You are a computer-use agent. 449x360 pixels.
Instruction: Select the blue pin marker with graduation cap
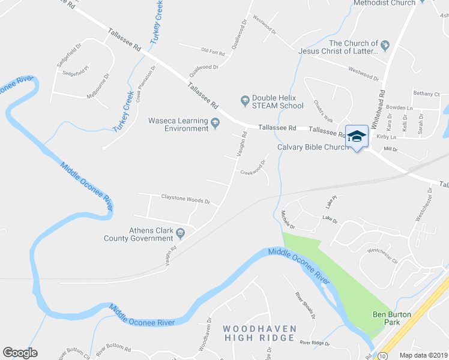pos(357,137)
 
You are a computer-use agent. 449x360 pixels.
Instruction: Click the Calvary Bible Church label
pos(313,148)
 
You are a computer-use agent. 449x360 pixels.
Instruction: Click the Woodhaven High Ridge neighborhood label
pos(259,333)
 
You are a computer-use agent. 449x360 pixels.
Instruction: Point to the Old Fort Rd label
pos(213,52)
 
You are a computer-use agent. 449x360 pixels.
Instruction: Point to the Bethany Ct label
pos(426,94)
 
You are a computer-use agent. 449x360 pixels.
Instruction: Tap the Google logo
pos(20,353)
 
